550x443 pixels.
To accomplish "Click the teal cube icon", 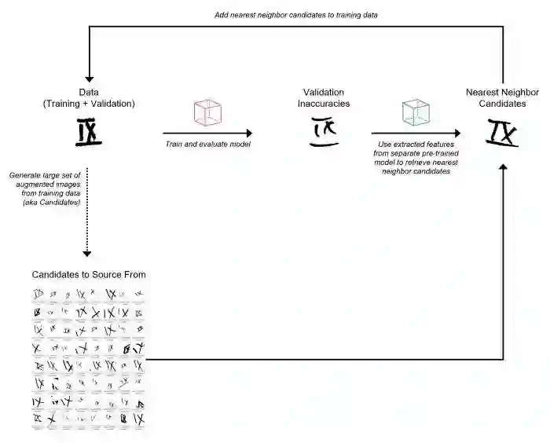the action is point(416,113).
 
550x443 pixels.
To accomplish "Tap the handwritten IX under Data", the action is point(89,133).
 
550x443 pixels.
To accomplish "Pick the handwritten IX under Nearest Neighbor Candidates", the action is point(502,132).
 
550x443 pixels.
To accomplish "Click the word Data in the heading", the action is point(89,91).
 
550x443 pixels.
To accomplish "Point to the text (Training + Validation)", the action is point(89,104).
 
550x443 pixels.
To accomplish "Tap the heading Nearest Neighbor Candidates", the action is point(502,97).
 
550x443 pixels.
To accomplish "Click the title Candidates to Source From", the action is point(89,274).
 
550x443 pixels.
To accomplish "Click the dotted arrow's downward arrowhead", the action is point(87,253).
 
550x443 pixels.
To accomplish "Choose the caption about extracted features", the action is point(416,158).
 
